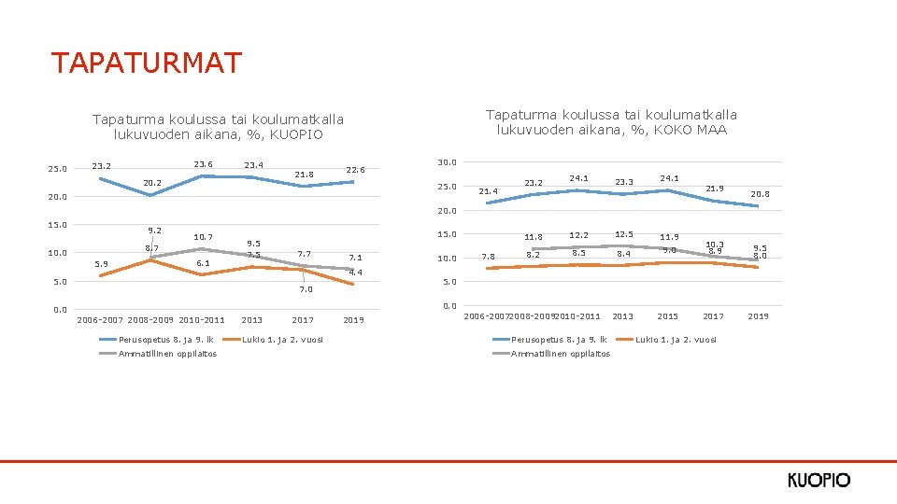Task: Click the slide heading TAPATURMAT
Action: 147,63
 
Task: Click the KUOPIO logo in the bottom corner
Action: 819,480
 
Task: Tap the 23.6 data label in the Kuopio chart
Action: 203,164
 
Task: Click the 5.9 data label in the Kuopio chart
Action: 103,264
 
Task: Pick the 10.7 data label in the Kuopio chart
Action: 203,237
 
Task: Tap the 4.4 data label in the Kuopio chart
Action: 355,272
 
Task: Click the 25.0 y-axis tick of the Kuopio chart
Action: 57,169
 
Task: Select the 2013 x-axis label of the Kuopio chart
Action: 252,320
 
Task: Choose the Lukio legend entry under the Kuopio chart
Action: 283,339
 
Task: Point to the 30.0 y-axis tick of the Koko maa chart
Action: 448,162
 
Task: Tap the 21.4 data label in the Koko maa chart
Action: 489,191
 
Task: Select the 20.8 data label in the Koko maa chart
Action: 762,194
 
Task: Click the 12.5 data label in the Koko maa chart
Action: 624,233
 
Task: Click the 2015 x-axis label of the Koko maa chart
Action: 668,316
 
